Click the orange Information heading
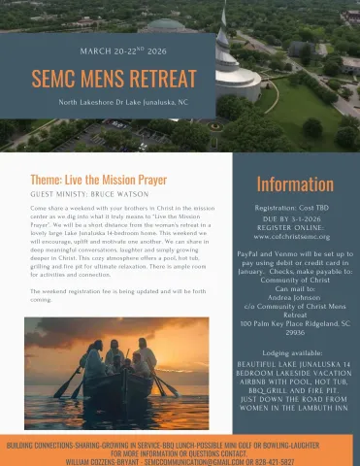296,184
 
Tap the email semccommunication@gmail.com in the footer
218,460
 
